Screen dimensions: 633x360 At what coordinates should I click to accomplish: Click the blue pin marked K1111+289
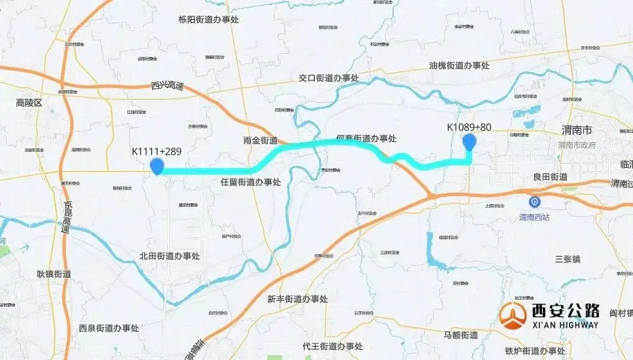tap(156, 166)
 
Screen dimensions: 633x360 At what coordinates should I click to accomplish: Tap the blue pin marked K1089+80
tap(469, 142)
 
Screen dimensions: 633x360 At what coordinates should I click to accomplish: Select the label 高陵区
tap(28, 102)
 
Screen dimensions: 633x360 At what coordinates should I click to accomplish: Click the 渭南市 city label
tap(577, 130)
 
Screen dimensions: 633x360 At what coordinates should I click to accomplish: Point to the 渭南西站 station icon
tap(535, 202)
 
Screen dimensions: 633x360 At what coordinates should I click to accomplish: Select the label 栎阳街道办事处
tap(209, 20)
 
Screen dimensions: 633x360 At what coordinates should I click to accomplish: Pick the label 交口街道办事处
tap(329, 78)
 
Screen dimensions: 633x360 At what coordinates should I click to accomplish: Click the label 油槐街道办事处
tap(460, 65)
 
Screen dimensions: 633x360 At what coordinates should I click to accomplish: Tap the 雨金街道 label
tap(260, 140)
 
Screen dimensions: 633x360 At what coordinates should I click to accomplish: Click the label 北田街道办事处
tap(170, 256)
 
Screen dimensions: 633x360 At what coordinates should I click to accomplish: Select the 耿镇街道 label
tap(54, 274)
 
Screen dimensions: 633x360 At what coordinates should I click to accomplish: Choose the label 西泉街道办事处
tap(109, 328)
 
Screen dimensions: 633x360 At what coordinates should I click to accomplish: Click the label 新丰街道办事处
tap(298, 299)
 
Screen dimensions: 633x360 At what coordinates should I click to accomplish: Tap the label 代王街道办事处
tap(332, 346)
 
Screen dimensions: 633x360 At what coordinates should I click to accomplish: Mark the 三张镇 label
tap(567, 258)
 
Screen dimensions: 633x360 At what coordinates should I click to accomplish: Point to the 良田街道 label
tap(550, 177)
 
